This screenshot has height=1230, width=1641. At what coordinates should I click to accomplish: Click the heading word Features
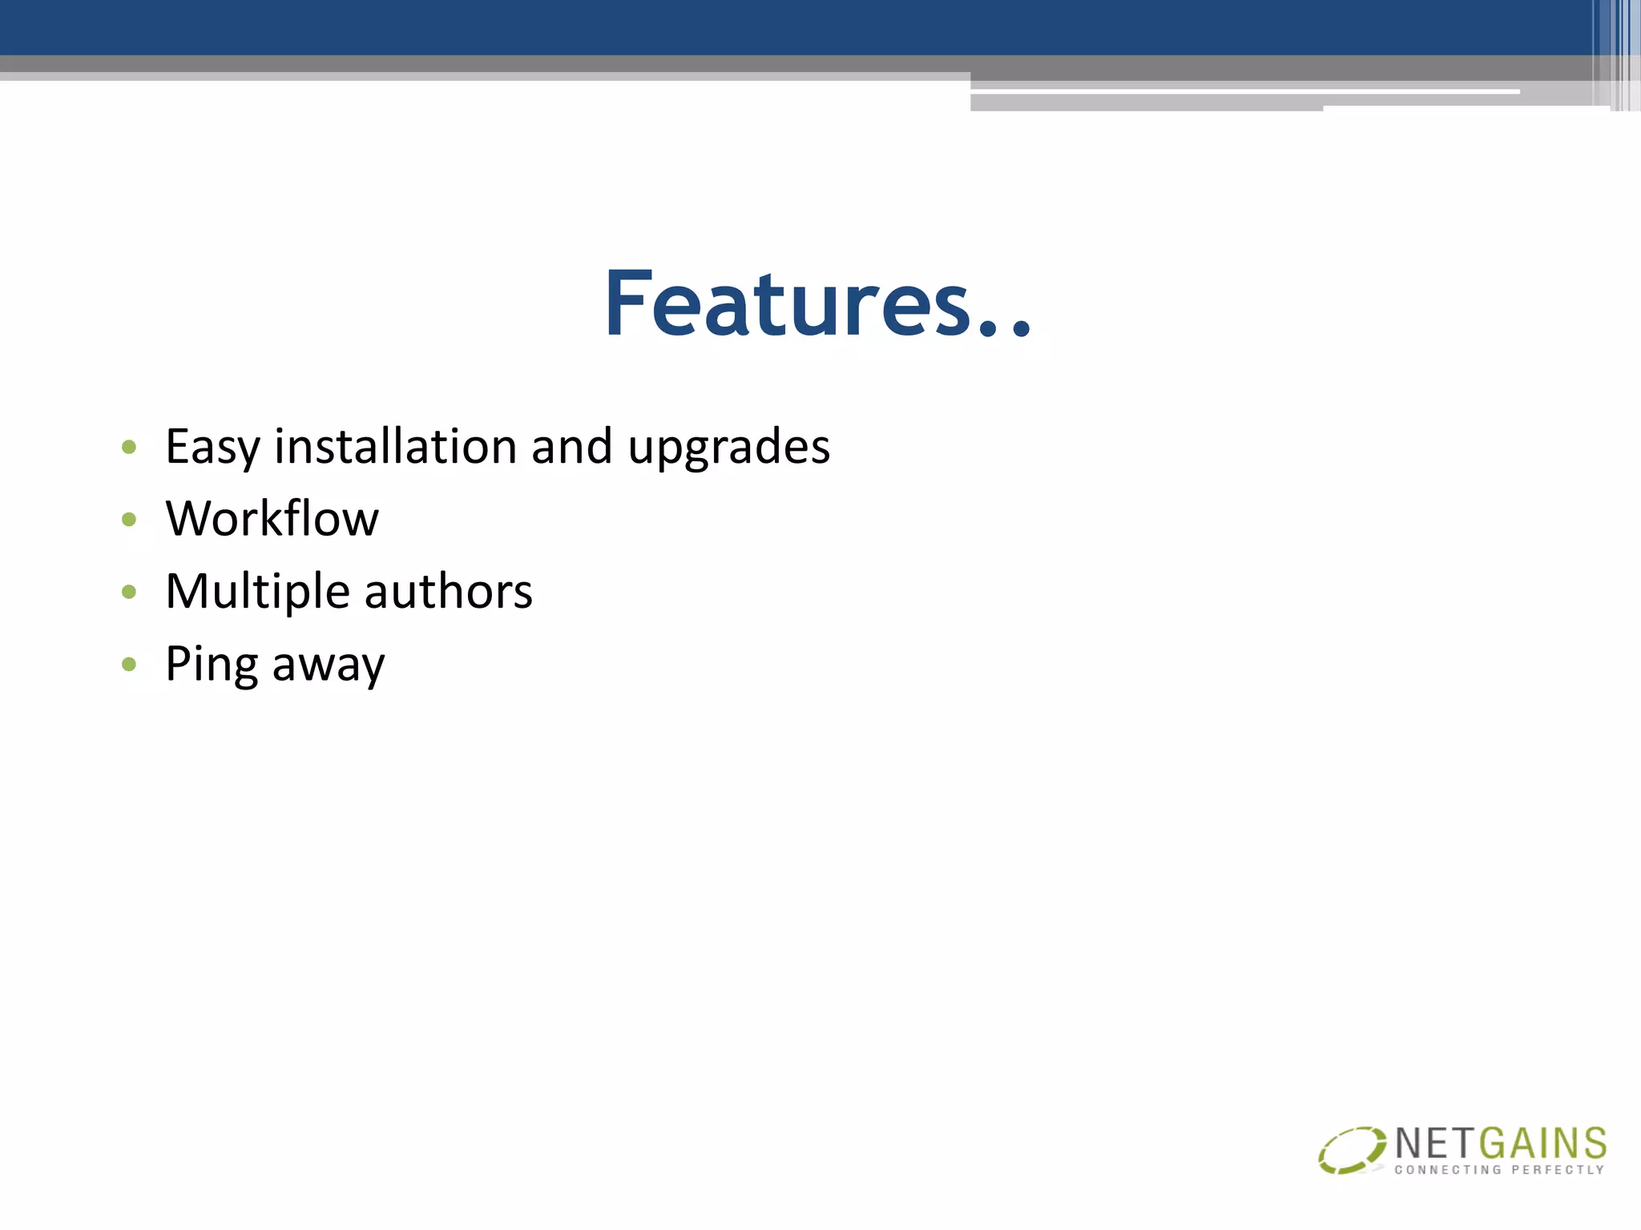pos(789,304)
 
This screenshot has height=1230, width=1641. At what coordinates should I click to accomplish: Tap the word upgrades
pos(728,447)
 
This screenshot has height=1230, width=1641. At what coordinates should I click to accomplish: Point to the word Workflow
pos(272,518)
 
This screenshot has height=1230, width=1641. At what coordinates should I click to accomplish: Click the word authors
pos(448,592)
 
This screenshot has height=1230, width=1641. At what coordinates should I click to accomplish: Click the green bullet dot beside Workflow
pos(129,520)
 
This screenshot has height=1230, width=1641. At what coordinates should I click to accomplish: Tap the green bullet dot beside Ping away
pos(129,664)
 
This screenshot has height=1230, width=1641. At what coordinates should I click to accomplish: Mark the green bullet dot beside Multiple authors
pos(129,592)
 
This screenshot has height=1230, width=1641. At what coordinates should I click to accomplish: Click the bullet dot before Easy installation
pos(129,447)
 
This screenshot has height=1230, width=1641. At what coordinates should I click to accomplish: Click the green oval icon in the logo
pos(1351,1150)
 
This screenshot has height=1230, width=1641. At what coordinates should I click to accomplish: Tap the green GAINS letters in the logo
pos(1542,1144)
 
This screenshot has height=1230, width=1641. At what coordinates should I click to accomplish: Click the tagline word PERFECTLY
pos(1558,1170)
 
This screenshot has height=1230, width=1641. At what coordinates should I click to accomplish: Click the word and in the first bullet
pos(572,446)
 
